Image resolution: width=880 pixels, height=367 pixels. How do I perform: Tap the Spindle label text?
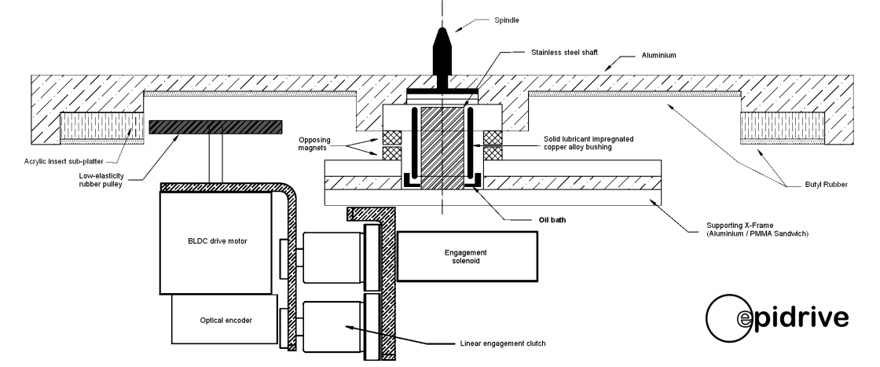click(506, 20)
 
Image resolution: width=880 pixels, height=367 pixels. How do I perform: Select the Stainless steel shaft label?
click(564, 52)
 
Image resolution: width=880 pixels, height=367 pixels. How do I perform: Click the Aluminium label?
click(659, 56)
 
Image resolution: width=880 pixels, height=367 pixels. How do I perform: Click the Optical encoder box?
click(225, 319)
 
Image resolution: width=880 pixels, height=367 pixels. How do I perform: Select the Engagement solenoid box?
click(467, 256)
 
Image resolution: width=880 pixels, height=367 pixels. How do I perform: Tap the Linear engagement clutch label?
click(502, 343)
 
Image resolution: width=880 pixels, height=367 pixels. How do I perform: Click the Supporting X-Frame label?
click(757, 229)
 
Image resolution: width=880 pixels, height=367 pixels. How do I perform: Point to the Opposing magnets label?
click(314, 144)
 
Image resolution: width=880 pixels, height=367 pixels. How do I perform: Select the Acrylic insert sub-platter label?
click(64, 162)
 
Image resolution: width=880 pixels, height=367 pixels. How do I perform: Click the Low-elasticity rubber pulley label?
click(101, 180)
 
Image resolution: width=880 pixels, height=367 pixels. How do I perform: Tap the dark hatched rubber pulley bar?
click(215, 127)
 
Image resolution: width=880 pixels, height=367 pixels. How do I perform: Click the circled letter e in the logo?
click(743, 319)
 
